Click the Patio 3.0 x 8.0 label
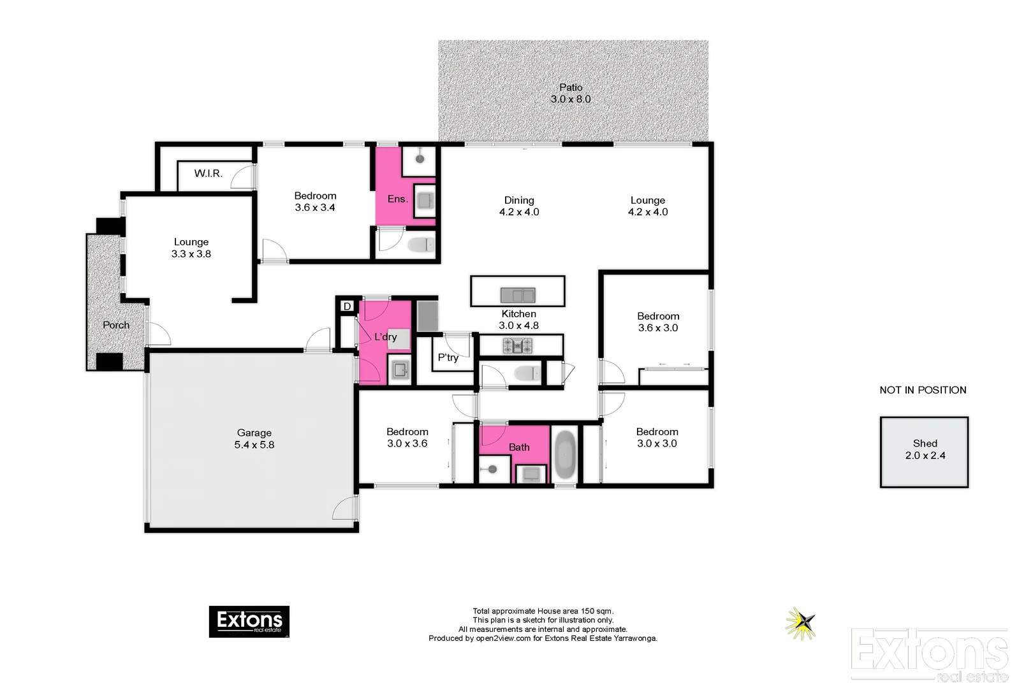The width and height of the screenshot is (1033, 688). coord(571,93)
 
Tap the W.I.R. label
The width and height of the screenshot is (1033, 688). coord(209,173)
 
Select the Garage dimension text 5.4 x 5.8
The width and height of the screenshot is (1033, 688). coord(254,445)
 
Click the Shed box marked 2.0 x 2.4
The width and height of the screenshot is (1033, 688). coord(925,452)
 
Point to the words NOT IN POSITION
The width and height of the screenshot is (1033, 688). coord(923,390)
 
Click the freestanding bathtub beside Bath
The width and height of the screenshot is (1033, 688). coord(564,455)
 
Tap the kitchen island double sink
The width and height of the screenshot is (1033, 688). coord(517,295)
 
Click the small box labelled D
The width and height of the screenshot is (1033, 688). coord(347,306)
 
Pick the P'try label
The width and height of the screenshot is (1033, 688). coord(448,357)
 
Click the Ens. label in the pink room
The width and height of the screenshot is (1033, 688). coord(397,199)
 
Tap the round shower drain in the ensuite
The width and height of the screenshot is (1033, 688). coord(420,159)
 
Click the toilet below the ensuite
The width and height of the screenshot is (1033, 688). coord(420,245)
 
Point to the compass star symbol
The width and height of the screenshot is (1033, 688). coord(801,622)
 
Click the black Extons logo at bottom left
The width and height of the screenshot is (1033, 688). coord(249,621)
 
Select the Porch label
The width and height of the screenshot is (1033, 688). coord(116,325)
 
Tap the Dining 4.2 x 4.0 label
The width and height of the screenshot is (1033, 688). coord(519,206)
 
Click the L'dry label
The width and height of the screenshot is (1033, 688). coord(386,336)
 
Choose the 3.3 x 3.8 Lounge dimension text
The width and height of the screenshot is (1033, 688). coord(191,254)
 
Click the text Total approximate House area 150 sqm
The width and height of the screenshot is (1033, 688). coord(543,611)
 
